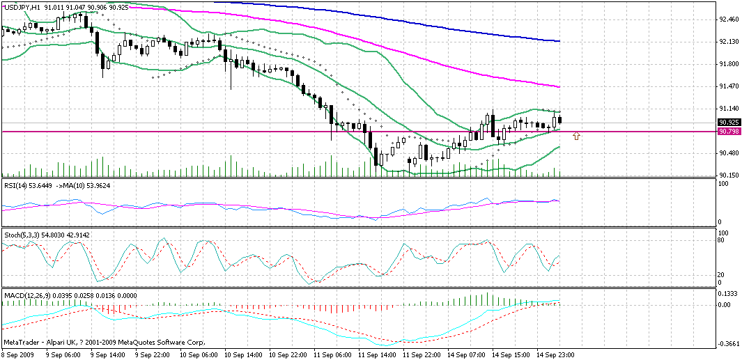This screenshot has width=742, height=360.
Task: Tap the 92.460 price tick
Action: click(729, 19)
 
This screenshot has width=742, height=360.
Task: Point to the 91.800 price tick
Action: click(729, 64)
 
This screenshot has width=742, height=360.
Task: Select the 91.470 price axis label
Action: click(729, 86)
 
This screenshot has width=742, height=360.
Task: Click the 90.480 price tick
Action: click(729, 153)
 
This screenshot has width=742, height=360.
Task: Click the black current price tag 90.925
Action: click(729, 122)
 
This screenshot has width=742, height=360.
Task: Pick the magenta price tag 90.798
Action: click(729, 131)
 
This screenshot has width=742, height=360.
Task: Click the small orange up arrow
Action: click(577, 136)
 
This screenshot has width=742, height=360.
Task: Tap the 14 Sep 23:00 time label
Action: click(556, 354)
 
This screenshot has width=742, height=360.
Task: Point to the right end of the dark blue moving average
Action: click(560, 41)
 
